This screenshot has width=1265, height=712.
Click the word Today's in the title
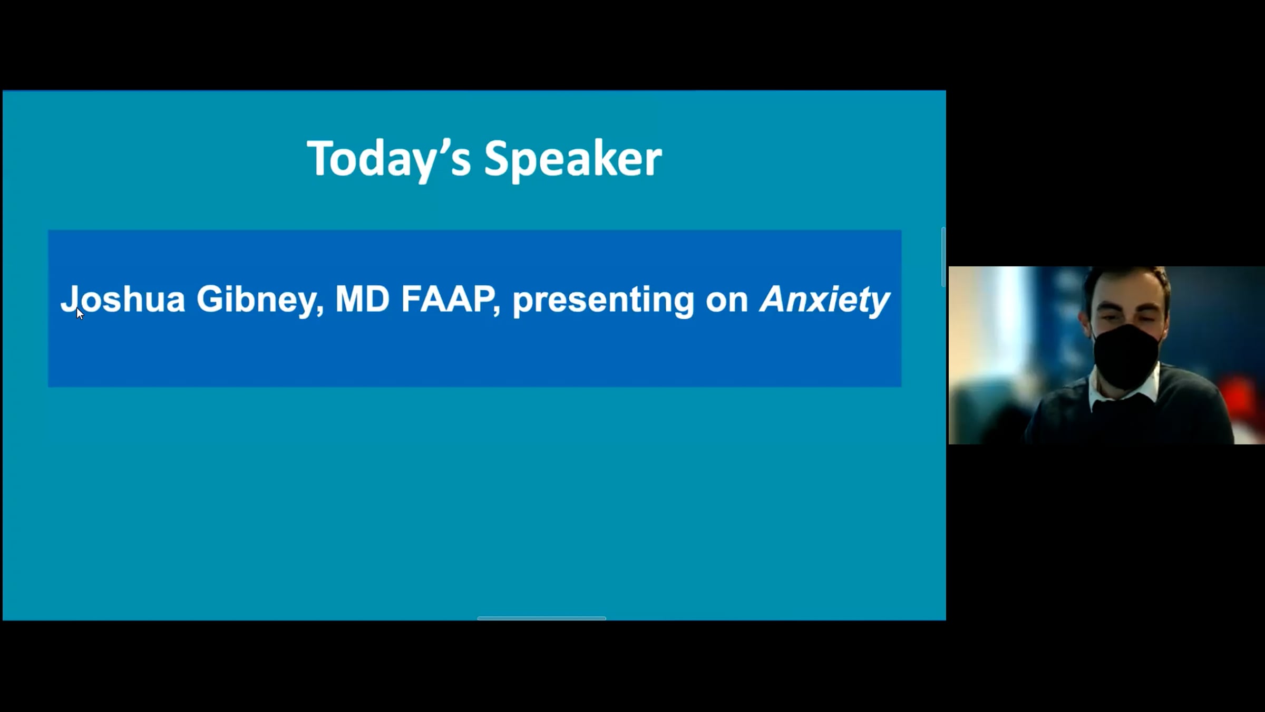pos(389,158)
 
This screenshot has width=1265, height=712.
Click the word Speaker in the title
pos(573,158)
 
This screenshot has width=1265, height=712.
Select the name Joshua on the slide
pos(123,299)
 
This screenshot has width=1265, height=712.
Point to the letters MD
pos(363,299)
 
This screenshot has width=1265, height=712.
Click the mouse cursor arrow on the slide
pos(80,313)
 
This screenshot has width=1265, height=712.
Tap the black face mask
pos(1126,355)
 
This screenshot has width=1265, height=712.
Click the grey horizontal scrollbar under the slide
pos(542,618)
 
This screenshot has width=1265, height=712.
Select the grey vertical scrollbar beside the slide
pos(943,257)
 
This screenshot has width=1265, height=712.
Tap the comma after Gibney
pos(320,311)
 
